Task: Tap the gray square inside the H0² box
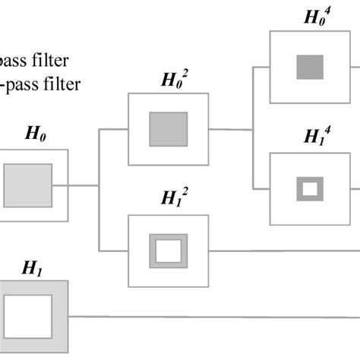[168, 128]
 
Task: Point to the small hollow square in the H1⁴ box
[310, 188]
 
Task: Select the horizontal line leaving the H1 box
[213, 317]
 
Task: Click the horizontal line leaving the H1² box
[281, 251]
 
